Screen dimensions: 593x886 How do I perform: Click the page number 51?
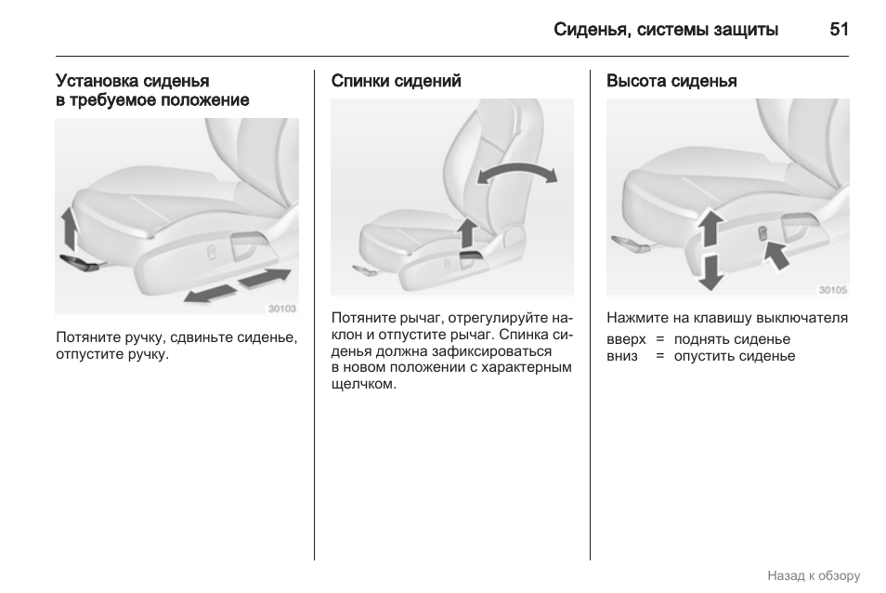(839, 30)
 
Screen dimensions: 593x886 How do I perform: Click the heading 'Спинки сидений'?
(396, 81)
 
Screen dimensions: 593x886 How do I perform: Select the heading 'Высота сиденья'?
(671, 81)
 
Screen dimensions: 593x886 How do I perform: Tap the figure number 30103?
(281, 309)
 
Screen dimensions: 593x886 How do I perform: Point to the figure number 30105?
(832, 289)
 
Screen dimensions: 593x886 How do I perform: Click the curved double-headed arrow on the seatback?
(516, 174)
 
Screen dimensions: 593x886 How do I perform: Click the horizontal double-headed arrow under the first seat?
(238, 284)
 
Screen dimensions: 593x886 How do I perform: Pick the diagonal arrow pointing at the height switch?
(775, 252)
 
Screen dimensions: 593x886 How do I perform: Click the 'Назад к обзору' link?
(814, 576)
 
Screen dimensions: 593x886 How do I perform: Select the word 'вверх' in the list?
(625, 339)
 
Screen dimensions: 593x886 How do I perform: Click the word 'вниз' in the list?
(622, 356)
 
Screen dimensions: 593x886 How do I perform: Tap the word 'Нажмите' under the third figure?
(635, 318)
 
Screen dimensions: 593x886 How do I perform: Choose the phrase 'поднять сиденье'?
(732, 339)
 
